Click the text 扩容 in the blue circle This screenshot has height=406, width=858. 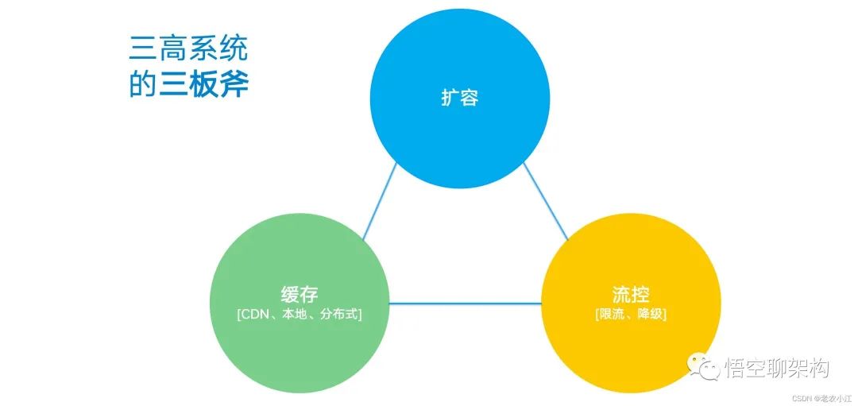point(459,99)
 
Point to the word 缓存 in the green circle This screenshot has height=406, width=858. point(300,294)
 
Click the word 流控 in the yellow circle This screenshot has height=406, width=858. point(631,295)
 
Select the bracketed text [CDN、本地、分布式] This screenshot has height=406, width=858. point(300,315)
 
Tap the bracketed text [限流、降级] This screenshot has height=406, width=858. point(631,315)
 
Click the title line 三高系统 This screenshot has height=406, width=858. point(188,49)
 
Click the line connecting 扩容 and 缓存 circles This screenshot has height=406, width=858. point(380,200)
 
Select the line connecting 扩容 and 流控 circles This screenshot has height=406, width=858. point(546,200)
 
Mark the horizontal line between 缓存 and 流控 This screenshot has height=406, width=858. point(465,303)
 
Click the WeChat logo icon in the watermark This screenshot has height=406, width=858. point(703,367)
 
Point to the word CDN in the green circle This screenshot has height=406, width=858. point(257,315)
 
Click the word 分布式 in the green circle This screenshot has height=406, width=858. point(340,315)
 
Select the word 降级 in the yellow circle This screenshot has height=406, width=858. point(648,315)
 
